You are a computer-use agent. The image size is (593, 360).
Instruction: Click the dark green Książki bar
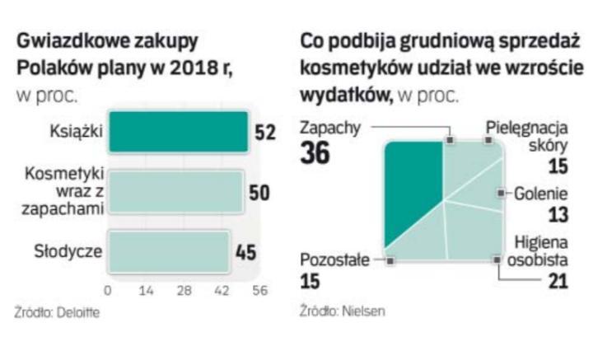[178, 133]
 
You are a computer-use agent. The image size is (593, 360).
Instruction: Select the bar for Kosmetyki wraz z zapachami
[175, 193]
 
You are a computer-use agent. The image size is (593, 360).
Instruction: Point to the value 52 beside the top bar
[264, 133]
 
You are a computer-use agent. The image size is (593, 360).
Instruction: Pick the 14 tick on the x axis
[147, 290]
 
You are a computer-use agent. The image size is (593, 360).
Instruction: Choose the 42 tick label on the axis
[222, 290]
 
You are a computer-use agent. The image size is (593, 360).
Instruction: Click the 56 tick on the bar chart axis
[260, 290]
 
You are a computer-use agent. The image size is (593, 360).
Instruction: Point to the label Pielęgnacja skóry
[528, 137]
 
